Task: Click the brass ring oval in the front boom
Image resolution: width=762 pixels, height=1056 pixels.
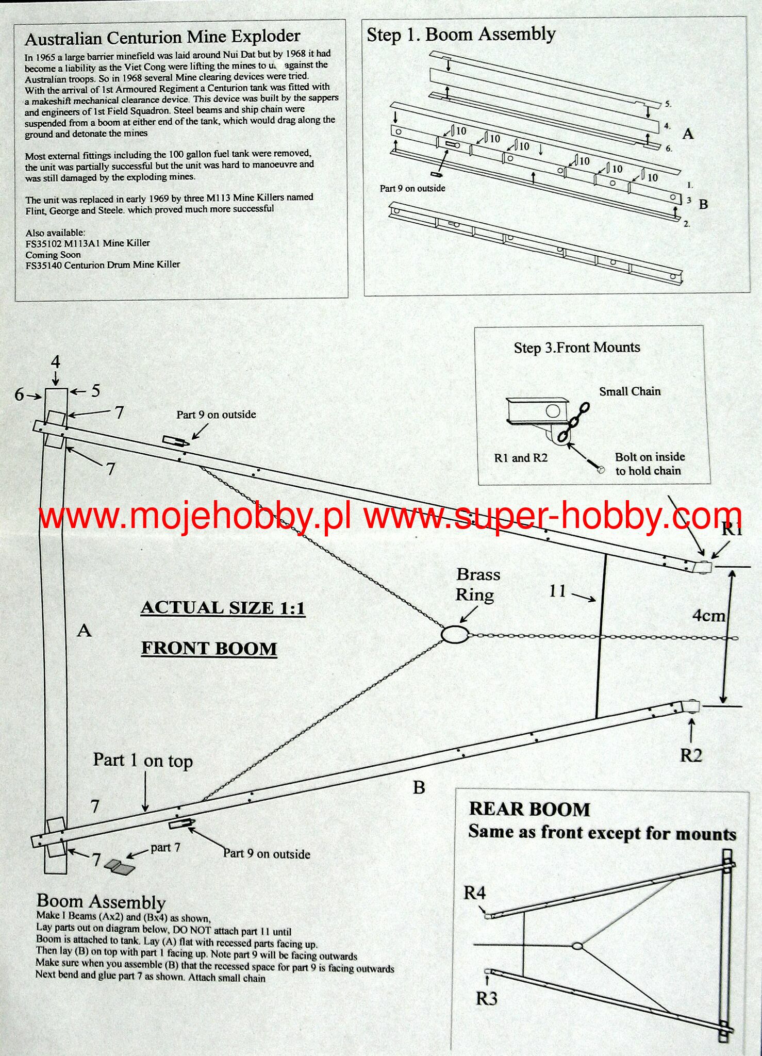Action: pos(454,634)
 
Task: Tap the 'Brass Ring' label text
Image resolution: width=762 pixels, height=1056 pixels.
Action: pos(478,585)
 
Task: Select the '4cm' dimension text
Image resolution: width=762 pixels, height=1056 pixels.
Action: pos(709,615)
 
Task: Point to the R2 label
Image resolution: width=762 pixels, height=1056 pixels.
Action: pos(691,755)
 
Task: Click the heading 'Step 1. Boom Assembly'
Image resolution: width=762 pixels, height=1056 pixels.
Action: pos(461,35)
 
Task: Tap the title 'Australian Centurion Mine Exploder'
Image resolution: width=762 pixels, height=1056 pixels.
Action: pos(162,37)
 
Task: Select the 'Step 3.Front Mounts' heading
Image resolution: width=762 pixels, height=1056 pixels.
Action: pos(577,348)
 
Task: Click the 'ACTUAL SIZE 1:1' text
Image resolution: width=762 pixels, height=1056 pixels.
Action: pos(223,608)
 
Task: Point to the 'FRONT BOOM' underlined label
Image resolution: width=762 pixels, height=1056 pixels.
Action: pos(209,648)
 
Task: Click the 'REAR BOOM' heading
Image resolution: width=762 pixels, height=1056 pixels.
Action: pos(529,808)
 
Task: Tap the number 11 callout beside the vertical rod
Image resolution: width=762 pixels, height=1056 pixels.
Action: pos(558,590)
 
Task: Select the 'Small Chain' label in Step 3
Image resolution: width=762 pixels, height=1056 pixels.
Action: pos(630,391)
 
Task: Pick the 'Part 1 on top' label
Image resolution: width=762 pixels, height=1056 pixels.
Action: pos(143,761)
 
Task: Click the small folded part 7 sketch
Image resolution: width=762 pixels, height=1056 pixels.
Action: pos(119,868)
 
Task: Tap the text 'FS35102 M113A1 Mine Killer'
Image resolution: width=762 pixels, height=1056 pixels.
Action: pos(88,243)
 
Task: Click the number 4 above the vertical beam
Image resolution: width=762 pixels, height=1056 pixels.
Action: pos(55,362)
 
